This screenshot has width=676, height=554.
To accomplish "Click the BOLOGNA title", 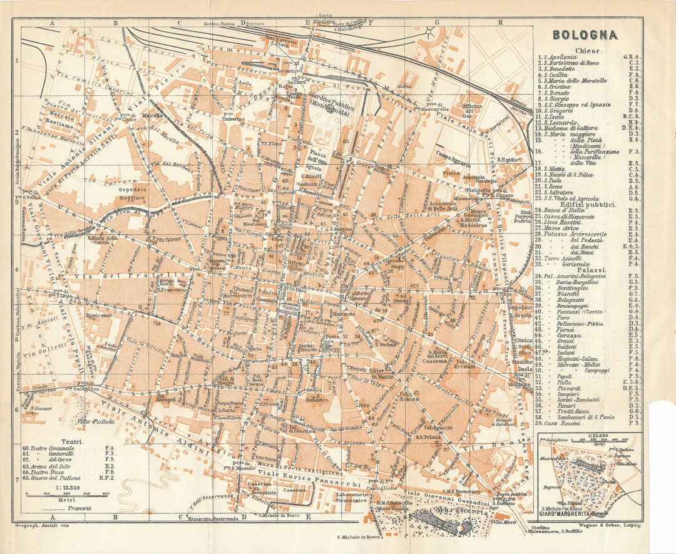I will [x=585, y=34].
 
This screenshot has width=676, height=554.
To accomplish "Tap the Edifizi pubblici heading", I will [x=588, y=204].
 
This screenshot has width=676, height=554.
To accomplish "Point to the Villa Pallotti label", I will [x=96, y=421].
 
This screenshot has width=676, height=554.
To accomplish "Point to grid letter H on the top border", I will [x=500, y=23].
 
